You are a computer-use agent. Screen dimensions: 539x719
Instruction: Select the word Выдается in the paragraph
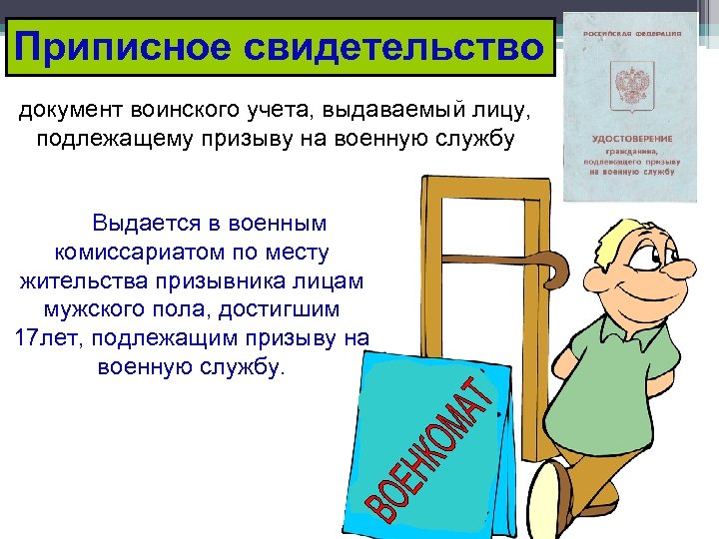coord(136,222)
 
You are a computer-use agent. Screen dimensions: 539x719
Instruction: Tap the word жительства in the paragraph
coord(77,279)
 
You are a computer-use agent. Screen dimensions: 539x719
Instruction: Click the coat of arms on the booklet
coord(629,81)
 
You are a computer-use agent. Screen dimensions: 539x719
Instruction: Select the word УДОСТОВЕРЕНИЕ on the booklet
coord(631,138)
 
